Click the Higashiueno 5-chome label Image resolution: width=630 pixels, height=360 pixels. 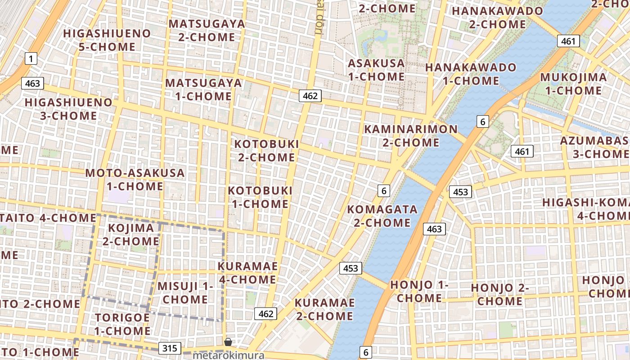(107, 40)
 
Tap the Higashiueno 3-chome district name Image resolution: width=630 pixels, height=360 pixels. (68, 109)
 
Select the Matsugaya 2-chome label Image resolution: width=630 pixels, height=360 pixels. (207, 30)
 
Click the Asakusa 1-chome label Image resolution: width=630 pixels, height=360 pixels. (376, 70)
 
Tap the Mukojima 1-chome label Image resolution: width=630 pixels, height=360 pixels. (573, 84)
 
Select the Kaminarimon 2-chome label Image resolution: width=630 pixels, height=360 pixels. (410, 136)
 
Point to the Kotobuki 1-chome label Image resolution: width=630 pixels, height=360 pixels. (260, 197)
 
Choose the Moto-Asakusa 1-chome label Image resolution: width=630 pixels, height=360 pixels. (135, 180)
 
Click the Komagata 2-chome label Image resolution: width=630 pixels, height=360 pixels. (382, 216)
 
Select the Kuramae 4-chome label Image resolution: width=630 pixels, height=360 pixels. (247, 273)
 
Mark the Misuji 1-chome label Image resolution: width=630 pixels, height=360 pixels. (185, 292)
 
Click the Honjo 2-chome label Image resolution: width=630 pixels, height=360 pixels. (499, 294)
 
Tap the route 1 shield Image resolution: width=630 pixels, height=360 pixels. (31, 58)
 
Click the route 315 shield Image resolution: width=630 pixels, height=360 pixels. (170, 348)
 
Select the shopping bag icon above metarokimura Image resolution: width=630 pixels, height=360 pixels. (228, 342)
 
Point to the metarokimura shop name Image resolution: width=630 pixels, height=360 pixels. (228, 355)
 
